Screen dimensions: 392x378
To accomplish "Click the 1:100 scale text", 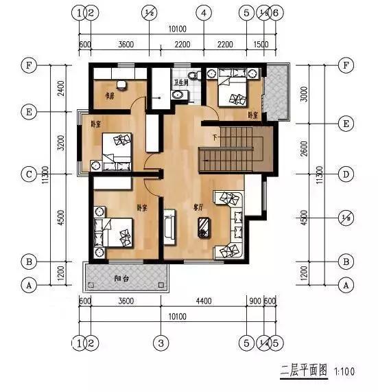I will pyautogui.click(x=346, y=372).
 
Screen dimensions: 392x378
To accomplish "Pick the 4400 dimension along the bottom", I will pyautogui.click(x=203, y=299).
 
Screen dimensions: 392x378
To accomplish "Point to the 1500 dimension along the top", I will pyautogui.click(x=261, y=45).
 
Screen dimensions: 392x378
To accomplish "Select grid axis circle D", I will pyautogui.click(x=346, y=174).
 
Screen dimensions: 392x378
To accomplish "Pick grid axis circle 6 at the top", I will pyautogui.click(x=276, y=12).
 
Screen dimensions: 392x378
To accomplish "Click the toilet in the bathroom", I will pyautogui.click(x=192, y=75).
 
